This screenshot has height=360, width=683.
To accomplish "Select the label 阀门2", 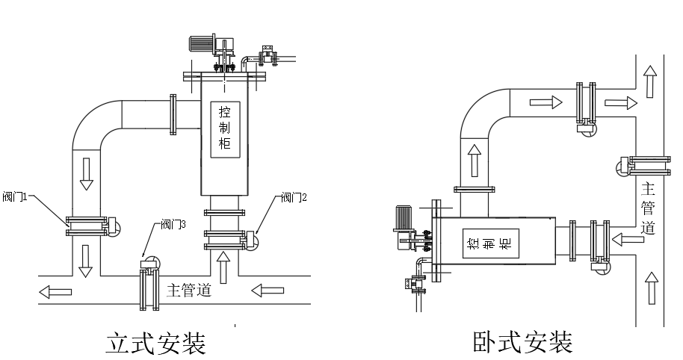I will click(x=294, y=198).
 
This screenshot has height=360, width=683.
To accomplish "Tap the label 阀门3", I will click(x=173, y=224).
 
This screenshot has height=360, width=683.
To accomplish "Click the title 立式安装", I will click(x=155, y=344).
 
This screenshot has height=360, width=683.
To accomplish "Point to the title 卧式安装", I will click(x=522, y=343).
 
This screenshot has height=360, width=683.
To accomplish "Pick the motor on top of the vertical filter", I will click(x=200, y=43).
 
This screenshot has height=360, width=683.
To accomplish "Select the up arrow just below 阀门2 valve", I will click(x=223, y=261).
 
